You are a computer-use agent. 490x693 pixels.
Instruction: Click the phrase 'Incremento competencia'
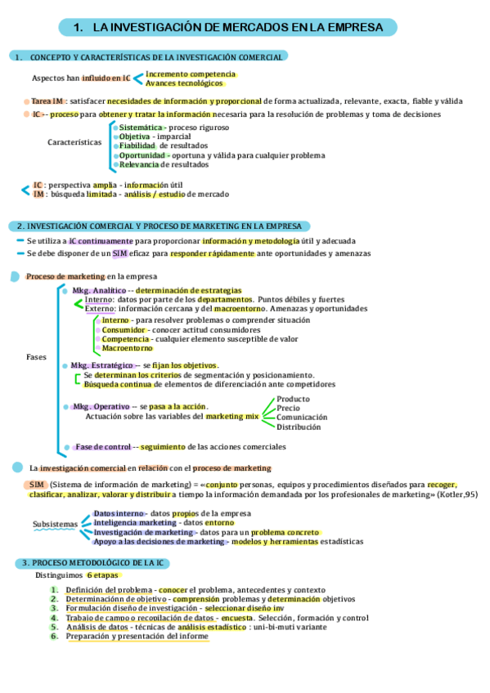pyautogui.click(x=184, y=74)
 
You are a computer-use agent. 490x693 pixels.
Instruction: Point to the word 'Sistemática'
pyautogui.click(x=141, y=127)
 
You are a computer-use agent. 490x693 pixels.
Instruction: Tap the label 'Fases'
pyautogui.click(x=36, y=357)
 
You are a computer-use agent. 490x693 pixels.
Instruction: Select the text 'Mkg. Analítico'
pyautogui.click(x=99, y=290)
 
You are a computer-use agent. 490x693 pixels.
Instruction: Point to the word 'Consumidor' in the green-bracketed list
pyautogui.click(x=124, y=329)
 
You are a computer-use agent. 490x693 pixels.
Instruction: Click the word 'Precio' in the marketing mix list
pyautogui.click(x=288, y=408)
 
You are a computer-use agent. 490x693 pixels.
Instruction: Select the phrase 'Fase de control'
pyautogui.click(x=103, y=447)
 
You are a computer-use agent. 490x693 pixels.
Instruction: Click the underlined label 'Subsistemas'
pyautogui.click(x=55, y=524)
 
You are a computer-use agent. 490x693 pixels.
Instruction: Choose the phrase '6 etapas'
pyautogui.click(x=104, y=575)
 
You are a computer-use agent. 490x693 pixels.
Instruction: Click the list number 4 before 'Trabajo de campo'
pyautogui.click(x=54, y=618)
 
